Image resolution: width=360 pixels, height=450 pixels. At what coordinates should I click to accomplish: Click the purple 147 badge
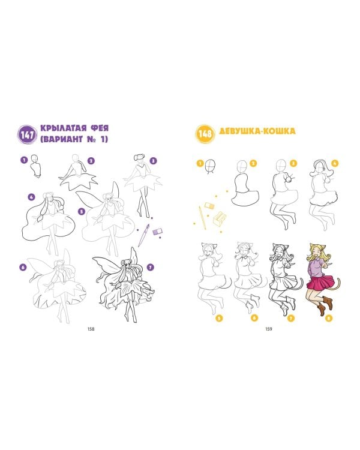27,134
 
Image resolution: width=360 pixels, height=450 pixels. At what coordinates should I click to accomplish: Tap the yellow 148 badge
205,133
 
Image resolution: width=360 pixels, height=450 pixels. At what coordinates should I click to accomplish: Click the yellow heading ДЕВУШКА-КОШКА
257,131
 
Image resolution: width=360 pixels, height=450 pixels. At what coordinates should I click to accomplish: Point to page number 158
91,329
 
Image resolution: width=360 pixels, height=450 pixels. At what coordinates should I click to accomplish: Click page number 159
269,329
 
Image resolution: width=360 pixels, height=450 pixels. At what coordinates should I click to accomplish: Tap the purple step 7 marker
150,268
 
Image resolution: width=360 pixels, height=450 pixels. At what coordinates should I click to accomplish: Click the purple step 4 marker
32,197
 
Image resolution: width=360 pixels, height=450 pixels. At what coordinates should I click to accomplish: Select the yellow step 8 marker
329,318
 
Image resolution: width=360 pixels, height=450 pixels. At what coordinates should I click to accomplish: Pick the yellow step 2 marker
253,163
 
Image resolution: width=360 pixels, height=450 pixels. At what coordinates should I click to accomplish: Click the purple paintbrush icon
143,235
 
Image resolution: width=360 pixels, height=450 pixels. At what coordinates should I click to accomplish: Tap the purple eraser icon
157,232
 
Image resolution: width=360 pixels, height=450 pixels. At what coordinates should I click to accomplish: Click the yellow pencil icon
202,217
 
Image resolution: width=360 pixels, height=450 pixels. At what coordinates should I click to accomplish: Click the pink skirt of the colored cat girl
320,283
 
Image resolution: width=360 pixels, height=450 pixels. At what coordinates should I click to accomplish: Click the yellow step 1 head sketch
211,166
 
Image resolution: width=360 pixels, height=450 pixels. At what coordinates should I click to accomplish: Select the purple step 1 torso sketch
36,166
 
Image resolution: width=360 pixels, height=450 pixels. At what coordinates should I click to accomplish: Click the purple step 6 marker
23,268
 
